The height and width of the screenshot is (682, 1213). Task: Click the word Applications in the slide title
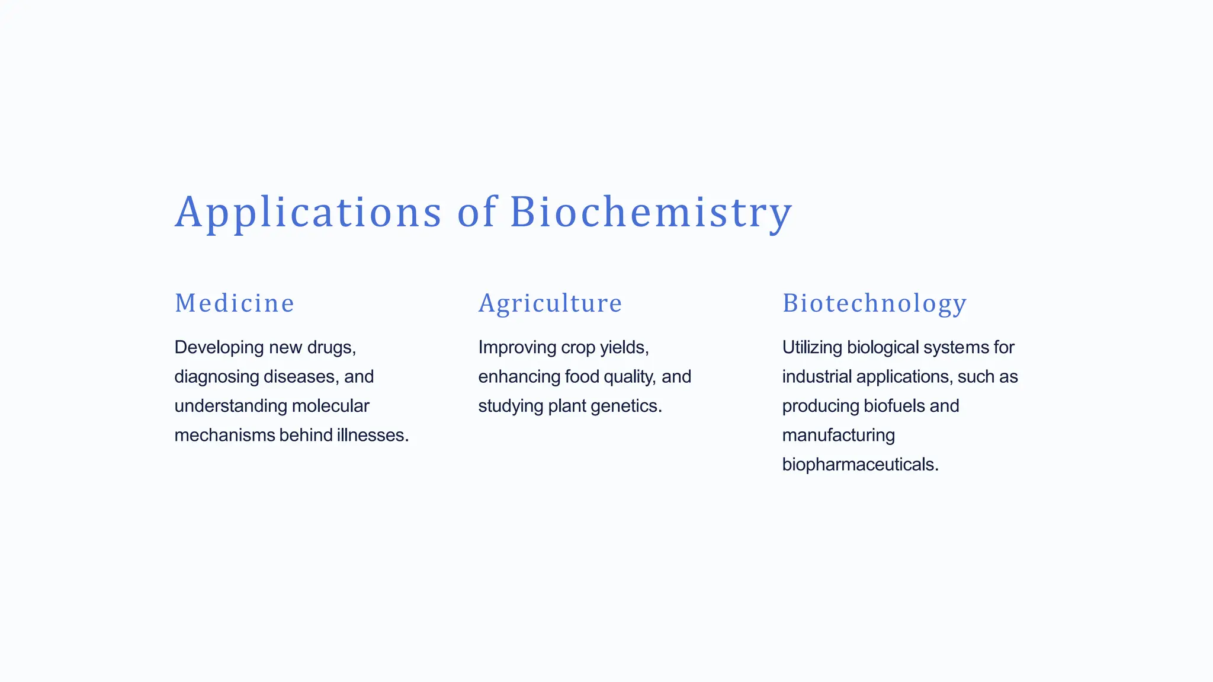tap(308, 212)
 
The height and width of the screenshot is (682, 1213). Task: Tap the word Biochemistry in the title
tap(650, 212)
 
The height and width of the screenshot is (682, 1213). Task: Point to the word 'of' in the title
tap(476, 212)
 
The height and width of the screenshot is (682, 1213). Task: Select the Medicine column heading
tap(235, 303)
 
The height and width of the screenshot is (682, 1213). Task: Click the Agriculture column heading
tap(550, 303)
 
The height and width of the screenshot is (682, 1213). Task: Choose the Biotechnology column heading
tap(874, 303)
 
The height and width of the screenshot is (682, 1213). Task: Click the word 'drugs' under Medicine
tap(330, 347)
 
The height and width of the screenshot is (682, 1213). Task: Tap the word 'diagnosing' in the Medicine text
tap(216, 377)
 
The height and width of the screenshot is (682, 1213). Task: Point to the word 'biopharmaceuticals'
tap(859, 465)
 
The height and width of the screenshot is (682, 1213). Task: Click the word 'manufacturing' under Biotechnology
tap(838, 436)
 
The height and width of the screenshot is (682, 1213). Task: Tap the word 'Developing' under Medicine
tap(219, 347)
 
